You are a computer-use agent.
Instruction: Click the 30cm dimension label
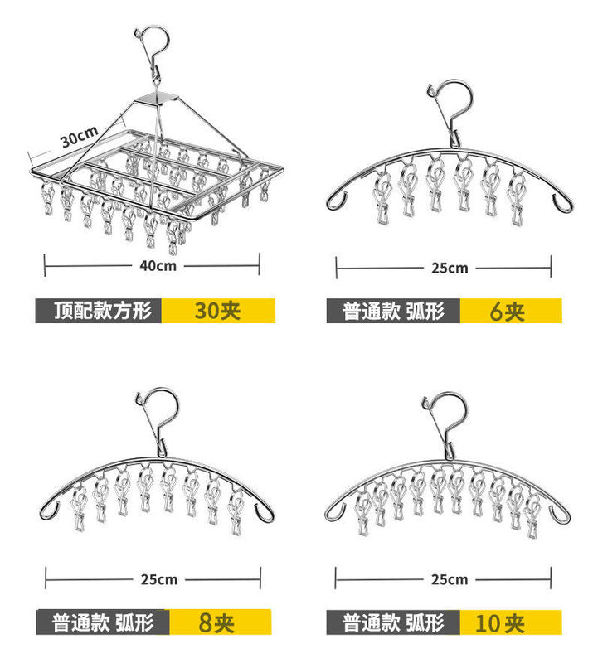(x=79, y=136)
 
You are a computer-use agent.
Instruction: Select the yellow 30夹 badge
(x=217, y=311)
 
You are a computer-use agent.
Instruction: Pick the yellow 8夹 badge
(x=218, y=622)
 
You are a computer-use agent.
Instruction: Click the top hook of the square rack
(x=148, y=46)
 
